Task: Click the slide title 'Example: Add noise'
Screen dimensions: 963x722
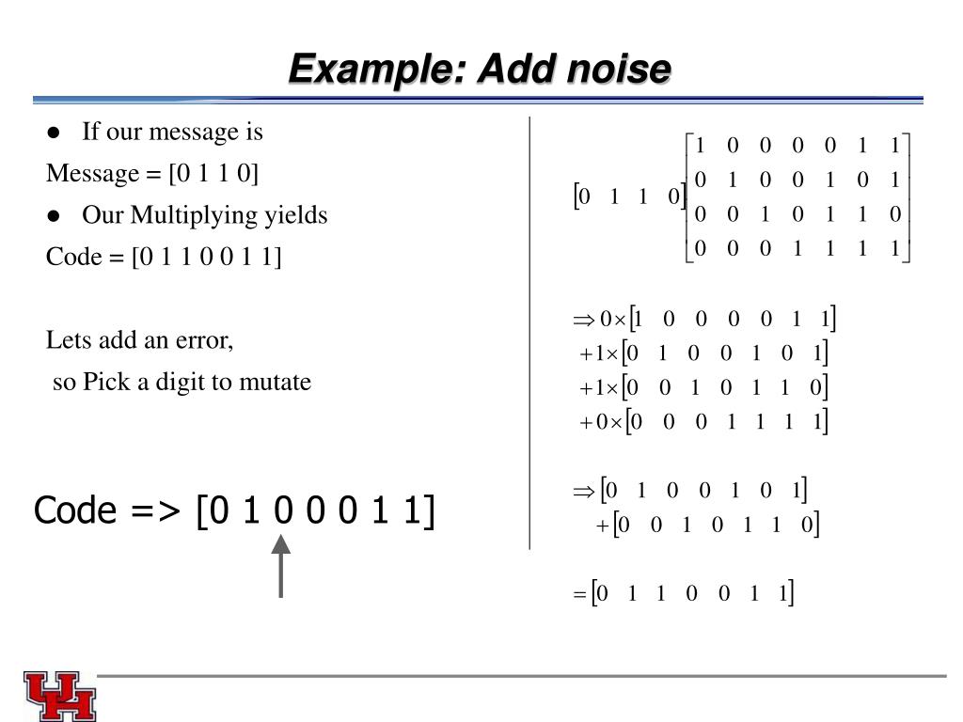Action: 480,69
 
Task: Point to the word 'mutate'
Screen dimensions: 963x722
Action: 279,382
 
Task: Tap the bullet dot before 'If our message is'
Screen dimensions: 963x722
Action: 54,133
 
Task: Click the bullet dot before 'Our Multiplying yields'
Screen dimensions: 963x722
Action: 54,216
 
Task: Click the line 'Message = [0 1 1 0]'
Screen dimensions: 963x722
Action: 152,174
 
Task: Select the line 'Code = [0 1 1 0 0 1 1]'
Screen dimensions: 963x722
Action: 164,257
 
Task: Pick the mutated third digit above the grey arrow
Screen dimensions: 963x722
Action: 281,512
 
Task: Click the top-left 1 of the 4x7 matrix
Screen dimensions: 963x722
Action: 700,145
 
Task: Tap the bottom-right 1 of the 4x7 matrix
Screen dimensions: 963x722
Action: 894,248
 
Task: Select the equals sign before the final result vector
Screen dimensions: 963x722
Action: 580,595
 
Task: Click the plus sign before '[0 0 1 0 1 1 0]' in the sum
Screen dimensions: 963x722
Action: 603,526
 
